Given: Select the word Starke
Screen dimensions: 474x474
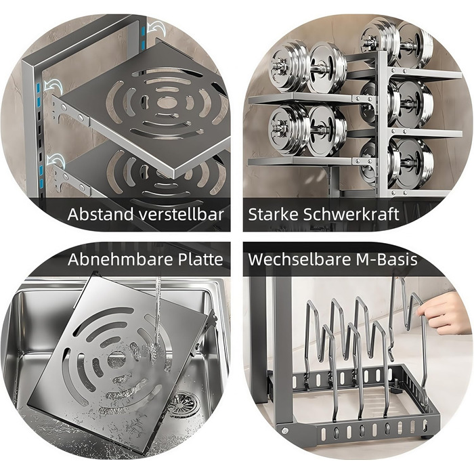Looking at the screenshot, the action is click(273, 215).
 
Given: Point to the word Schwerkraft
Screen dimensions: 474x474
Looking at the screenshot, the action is click(351, 215).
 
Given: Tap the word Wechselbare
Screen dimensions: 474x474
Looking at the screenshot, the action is click(299, 259).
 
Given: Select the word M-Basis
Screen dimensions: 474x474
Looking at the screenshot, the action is click(387, 259).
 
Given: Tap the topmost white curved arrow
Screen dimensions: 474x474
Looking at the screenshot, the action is click(157, 29).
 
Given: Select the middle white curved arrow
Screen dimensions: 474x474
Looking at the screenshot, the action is click(53, 87).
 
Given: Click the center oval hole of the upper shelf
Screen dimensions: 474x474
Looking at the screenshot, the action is click(167, 102).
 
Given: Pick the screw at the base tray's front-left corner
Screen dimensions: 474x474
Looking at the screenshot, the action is click(284, 429).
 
